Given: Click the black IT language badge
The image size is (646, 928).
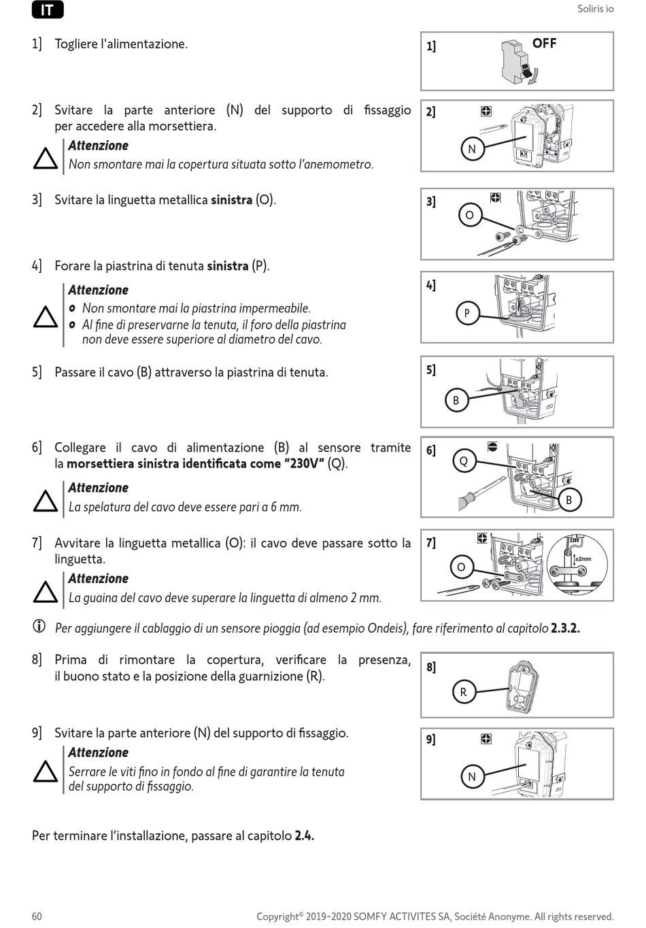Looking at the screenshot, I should click(x=47, y=10).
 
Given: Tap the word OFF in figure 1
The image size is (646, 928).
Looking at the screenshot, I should click(x=544, y=44).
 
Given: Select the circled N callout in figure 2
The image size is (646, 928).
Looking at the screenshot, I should click(x=472, y=149).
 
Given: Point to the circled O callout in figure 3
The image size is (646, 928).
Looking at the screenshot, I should click(x=469, y=216).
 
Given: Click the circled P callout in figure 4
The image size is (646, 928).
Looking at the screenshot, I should click(x=466, y=313).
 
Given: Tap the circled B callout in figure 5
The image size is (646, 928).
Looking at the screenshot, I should click(x=456, y=400).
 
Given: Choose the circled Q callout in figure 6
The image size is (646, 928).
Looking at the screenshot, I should click(x=464, y=461).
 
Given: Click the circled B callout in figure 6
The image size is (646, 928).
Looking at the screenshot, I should click(x=568, y=500).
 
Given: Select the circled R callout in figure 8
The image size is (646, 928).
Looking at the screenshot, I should click(x=463, y=692).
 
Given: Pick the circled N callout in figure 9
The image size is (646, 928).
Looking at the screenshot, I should click(x=472, y=776).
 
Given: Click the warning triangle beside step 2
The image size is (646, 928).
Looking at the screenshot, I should click(x=46, y=159).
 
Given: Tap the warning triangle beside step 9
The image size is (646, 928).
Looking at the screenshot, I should click(x=46, y=772).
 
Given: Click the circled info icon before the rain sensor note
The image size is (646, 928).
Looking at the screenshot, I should click(x=39, y=626).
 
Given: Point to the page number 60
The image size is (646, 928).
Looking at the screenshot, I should click(x=37, y=916).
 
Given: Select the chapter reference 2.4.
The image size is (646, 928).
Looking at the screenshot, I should click(x=304, y=835).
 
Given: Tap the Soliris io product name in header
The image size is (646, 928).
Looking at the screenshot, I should click(x=595, y=9).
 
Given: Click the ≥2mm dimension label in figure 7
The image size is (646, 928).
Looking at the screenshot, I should click(x=583, y=559).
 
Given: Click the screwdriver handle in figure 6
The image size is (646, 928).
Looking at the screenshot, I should click(x=467, y=500).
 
